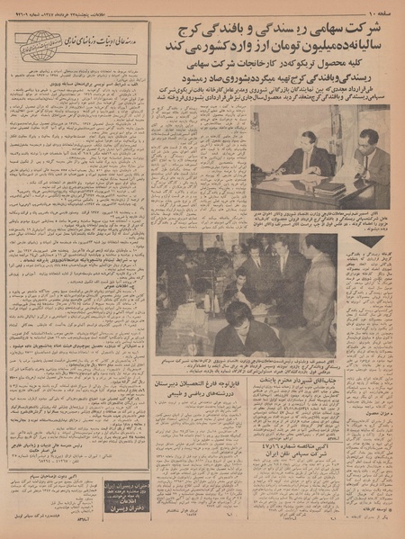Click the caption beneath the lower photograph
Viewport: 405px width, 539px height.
[x=261, y=364]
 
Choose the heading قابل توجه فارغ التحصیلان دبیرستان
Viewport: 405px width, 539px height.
[x=213, y=390]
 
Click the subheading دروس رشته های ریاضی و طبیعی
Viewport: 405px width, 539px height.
[x=213, y=402]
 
